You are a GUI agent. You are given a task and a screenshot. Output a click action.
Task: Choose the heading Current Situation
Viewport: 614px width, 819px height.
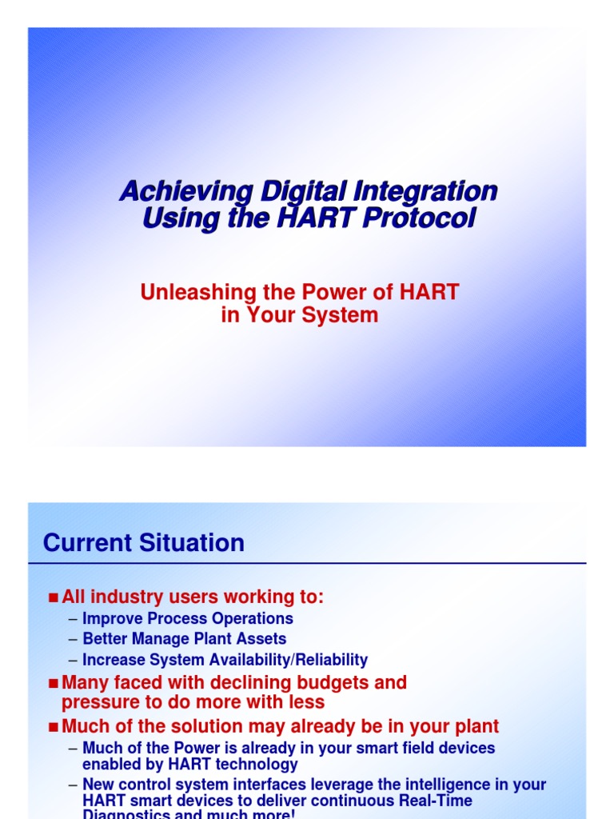click(x=144, y=543)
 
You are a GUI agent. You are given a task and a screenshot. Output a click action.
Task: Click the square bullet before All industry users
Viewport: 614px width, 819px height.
click(x=54, y=597)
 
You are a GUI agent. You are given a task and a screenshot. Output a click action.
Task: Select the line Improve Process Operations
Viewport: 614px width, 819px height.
click(x=187, y=618)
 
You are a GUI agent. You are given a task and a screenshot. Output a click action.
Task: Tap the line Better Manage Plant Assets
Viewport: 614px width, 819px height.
click(x=184, y=639)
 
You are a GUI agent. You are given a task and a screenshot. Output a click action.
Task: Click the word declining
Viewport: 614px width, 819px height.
click(x=248, y=683)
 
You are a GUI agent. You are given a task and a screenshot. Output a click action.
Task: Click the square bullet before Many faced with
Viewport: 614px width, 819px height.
click(x=54, y=684)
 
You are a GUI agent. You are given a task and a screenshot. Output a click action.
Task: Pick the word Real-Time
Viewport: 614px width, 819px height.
click(x=433, y=800)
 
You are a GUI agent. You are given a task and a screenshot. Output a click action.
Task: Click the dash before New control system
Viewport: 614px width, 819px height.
click(x=73, y=785)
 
